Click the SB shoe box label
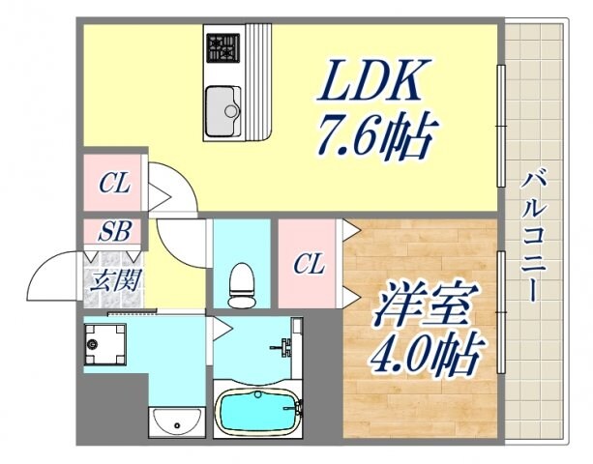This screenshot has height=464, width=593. point(112,232)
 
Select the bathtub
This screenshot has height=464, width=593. point(256,411)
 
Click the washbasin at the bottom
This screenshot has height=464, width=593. point(177,420)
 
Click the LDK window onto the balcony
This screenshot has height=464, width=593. point(500,126)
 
